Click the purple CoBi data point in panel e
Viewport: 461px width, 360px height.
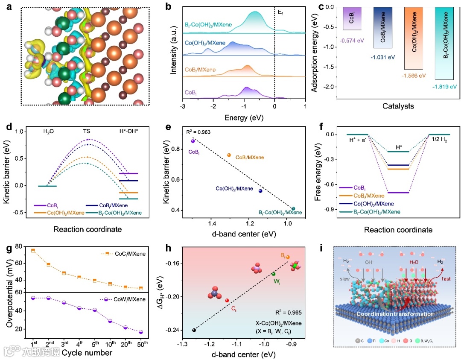click(x=193, y=140)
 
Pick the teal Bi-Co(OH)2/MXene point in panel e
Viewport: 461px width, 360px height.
click(x=293, y=208)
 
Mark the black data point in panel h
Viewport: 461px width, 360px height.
click(x=194, y=330)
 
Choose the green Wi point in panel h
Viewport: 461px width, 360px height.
click(x=274, y=274)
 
